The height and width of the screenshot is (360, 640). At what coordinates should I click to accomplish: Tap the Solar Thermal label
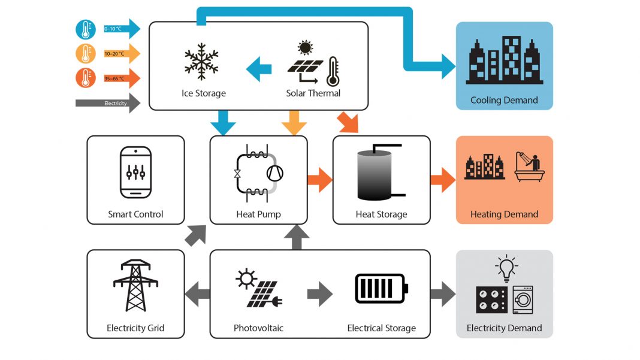point(313,93)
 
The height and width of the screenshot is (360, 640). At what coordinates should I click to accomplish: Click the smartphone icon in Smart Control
point(135,173)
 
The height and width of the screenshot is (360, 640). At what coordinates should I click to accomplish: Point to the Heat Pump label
point(258,214)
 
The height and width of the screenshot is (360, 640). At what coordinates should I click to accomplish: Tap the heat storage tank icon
point(375,174)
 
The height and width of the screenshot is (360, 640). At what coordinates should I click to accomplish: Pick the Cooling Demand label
point(504,101)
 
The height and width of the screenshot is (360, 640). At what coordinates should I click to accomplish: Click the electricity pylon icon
point(135,285)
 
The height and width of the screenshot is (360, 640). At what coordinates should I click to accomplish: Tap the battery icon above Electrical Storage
point(381,288)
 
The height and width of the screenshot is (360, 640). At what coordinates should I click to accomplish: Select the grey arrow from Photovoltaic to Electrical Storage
point(320,294)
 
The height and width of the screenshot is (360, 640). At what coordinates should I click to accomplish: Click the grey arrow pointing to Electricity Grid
point(197,294)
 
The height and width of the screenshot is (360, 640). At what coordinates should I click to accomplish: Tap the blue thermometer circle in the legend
point(86,29)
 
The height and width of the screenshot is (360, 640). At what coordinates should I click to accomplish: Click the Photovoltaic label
point(258,328)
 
